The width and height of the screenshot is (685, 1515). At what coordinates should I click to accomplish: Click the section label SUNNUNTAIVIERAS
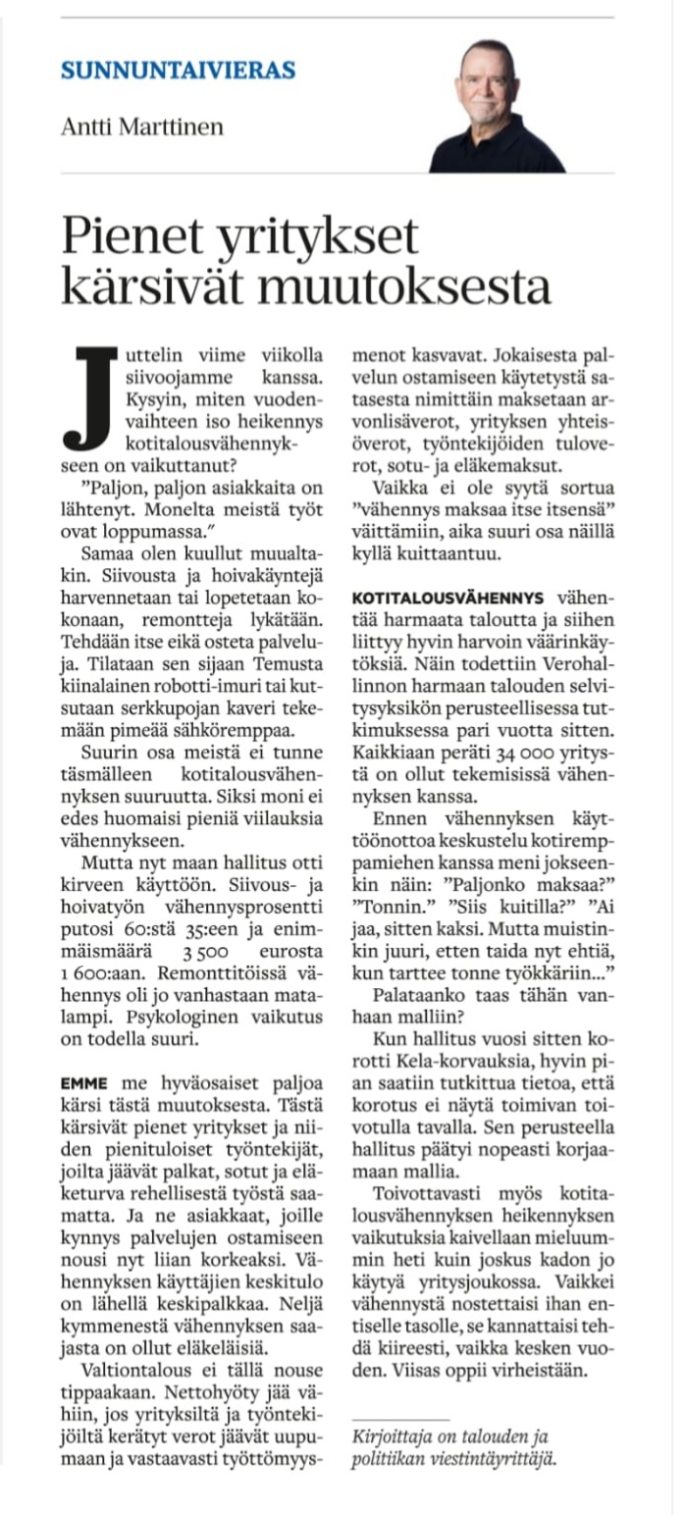pos(178,70)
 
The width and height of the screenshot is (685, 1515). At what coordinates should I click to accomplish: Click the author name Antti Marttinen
pos(141,127)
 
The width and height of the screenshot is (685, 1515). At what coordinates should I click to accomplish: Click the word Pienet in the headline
pos(123,236)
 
